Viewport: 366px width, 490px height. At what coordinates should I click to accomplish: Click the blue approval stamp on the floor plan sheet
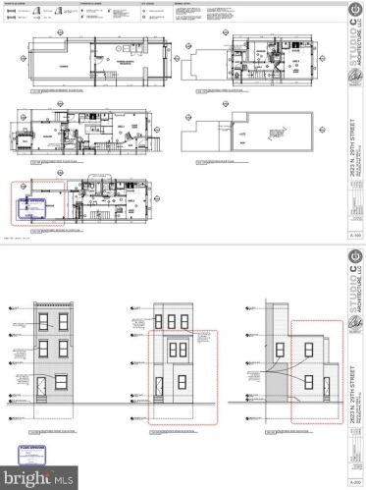click(x=34, y=207)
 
